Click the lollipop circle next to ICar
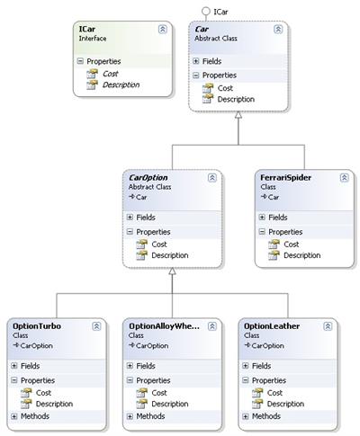(x=206, y=11)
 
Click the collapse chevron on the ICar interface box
(x=162, y=30)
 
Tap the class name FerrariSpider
(x=285, y=178)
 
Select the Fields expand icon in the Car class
(x=196, y=61)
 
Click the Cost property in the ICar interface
(x=111, y=74)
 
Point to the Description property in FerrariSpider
(x=301, y=255)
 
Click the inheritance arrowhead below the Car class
(x=238, y=115)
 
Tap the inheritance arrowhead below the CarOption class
(x=172, y=271)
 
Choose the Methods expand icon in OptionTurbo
(x=14, y=416)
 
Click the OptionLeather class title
(x=272, y=326)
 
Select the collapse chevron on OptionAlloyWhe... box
(x=212, y=326)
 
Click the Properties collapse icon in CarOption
(x=130, y=232)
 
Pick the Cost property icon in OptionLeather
(x=257, y=393)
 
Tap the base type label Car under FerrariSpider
(x=274, y=197)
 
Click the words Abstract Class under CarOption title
(x=149, y=187)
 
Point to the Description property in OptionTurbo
(x=54, y=404)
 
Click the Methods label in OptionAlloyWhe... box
(x=150, y=416)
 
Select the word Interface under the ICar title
(x=93, y=39)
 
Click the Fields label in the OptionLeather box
(x=261, y=366)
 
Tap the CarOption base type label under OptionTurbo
(x=36, y=346)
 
